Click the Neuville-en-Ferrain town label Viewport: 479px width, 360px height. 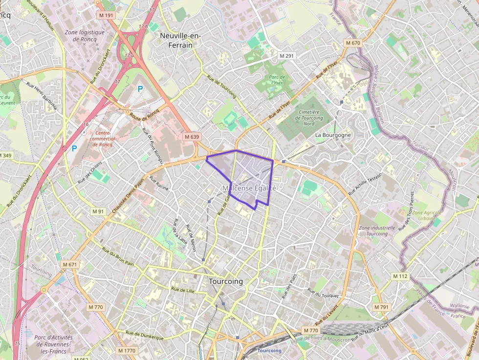(176, 40)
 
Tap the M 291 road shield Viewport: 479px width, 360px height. (287, 56)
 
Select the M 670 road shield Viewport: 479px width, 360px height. (352, 43)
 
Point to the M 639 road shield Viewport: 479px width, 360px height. (192, 137)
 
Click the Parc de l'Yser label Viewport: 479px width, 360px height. (277, 80)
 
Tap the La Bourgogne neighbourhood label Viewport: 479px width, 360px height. (333, 135)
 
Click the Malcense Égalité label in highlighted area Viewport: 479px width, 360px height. (249, 188)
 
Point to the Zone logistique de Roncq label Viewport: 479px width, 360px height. (85, 35)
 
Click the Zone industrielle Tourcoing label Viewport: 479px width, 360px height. (377, 231)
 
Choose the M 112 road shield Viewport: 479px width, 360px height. (400, 276)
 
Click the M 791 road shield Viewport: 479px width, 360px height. (381, 307)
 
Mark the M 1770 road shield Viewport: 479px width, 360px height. (127, 351)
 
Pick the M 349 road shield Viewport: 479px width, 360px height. (5, 155)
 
